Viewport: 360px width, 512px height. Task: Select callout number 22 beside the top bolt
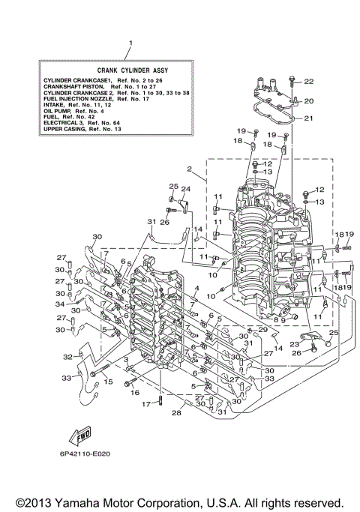308,81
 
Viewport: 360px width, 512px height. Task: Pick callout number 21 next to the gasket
308,118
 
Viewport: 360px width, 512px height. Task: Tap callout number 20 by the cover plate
308,100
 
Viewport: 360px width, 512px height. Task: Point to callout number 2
190,169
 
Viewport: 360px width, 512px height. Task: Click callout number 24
186,188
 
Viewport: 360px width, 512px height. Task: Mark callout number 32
67,357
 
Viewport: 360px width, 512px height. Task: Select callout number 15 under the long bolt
109,382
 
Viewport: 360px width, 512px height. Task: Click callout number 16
135,392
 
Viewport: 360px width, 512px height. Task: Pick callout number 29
262,330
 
